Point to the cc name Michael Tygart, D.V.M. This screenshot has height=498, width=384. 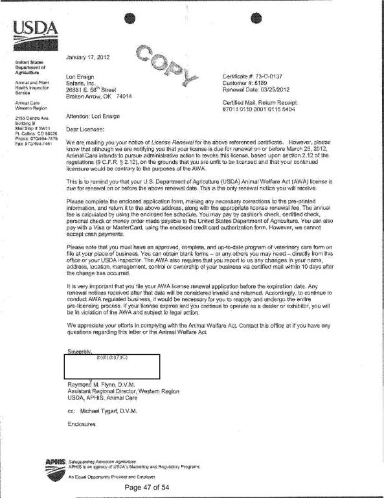click(116, 410)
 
